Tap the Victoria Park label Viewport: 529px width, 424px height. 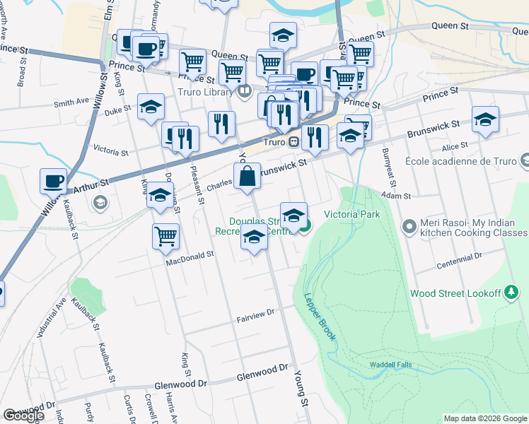pos(352,214)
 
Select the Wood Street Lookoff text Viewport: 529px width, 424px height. pos(455,293)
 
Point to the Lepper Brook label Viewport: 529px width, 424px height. pos(320,317)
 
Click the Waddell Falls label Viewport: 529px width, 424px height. pos(391,365)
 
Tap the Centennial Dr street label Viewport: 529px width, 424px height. pos(459,258)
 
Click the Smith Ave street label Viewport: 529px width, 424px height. pos(71,103)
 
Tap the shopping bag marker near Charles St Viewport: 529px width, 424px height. pos(248,177)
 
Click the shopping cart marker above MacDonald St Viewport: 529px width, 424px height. pos(165,237)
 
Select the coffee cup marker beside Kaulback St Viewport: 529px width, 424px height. pos(53,182)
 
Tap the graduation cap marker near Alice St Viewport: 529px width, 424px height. pos(486,120)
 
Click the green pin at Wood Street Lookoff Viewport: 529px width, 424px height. pos(511,293)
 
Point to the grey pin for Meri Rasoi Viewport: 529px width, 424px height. pos(409,227)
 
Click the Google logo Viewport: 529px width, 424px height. pos(23,416)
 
